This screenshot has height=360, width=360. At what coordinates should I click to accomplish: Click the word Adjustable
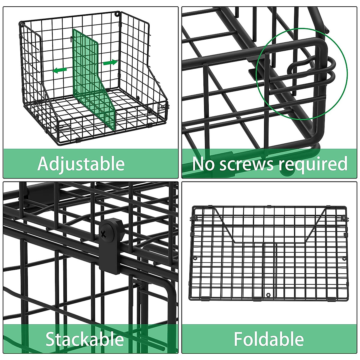pos(81,164)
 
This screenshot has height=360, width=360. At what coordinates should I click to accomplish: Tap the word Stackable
pos(85,339)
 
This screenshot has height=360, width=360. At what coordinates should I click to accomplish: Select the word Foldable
pos(269,339)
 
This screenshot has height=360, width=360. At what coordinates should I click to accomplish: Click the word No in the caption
pos(203,164)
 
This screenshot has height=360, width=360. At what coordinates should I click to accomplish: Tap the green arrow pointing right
pos(110,62)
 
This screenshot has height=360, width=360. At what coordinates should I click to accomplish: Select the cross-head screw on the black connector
pos(104,233)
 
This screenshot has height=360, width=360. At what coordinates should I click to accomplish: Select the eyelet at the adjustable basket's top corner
pos(118,13)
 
